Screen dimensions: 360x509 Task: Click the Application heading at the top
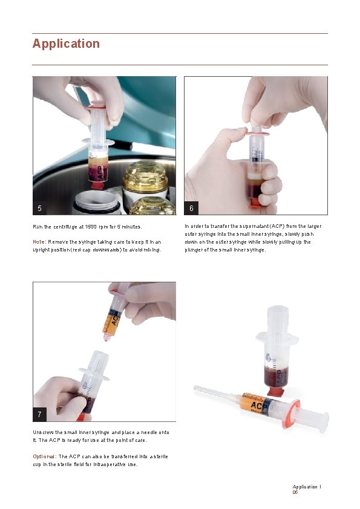click(66, 44)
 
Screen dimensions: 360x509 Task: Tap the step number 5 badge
click(40, 208)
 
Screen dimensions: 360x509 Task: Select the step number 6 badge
click(191, 208)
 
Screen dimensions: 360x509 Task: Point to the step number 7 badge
click(40, 415)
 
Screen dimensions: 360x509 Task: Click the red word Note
click(39, 242)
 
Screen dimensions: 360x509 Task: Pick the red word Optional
click(44, 457)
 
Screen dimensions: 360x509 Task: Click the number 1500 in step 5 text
click(91, 227)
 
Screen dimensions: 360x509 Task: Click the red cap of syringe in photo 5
click(97, 186)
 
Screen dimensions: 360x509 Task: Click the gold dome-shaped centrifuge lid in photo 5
click(145, 177)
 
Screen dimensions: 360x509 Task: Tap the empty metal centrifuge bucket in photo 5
click(96, 202)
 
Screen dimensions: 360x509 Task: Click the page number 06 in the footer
click(295, 493)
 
